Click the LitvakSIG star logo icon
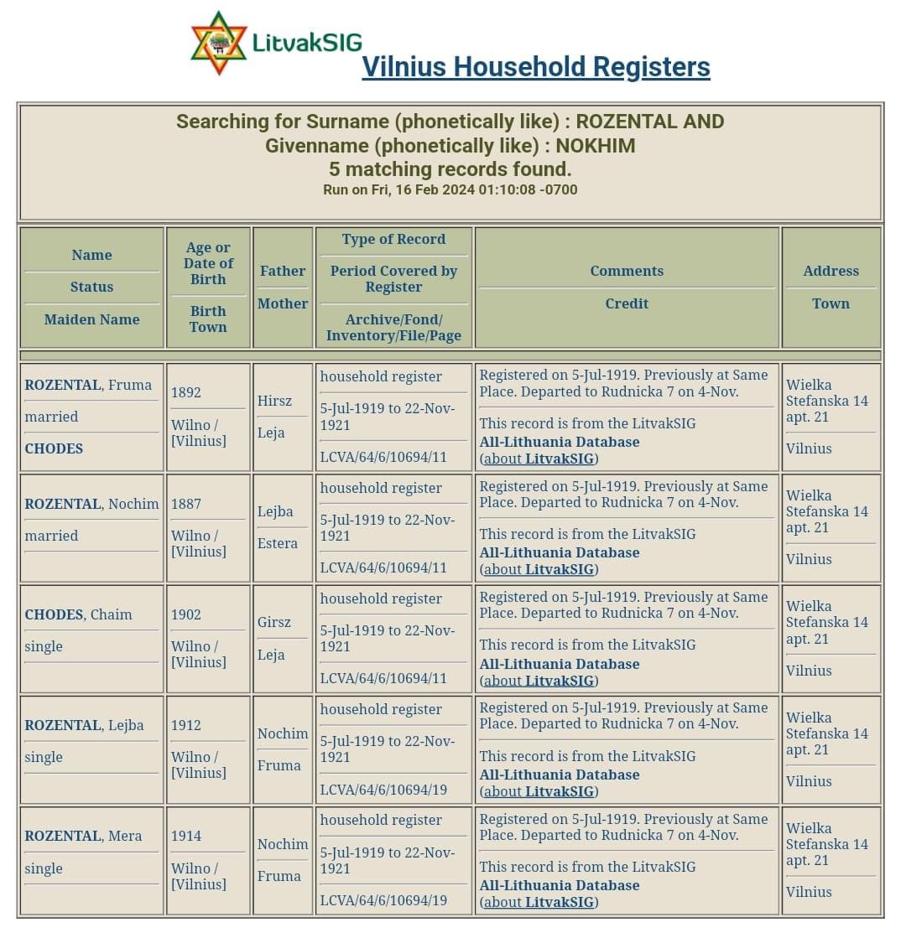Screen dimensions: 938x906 219,43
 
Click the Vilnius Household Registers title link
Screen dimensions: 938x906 535,67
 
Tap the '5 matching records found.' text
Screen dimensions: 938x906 450,168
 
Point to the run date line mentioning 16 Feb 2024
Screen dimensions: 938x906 450,189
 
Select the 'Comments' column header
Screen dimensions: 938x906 626,271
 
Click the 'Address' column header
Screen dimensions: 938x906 830,271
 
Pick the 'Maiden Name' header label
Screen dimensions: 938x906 91,319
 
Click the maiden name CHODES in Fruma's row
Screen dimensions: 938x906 54,448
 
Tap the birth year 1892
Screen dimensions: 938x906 185,392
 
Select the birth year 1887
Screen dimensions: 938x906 185,504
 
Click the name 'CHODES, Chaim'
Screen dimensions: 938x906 78,614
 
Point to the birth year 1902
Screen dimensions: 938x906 185,614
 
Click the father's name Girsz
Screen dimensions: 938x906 274,622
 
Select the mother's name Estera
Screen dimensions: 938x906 278,543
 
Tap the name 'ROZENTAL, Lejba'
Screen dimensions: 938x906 84,725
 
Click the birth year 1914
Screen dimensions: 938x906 185,836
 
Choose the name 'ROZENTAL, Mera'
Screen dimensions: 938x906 83,836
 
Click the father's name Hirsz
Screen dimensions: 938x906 274,401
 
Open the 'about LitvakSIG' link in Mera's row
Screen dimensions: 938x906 539,902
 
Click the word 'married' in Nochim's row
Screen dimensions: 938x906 51,536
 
